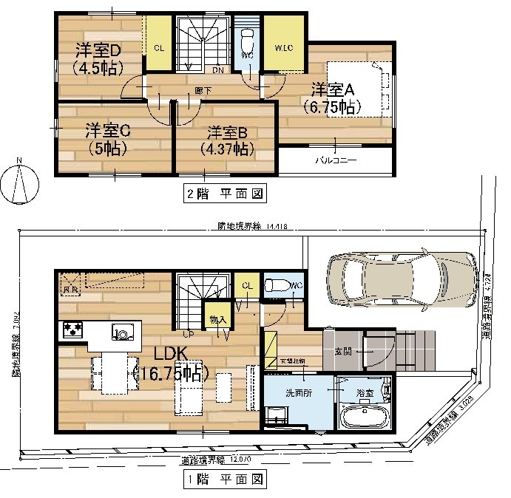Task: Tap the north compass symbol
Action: tap(20, 181)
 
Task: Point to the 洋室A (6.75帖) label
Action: tap(333, 98)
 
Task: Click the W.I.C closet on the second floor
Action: tap(282, 48)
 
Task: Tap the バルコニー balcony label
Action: tap(336, 160)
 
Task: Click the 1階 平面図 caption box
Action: tap(223, 480)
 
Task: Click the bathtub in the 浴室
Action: tap(362, 417)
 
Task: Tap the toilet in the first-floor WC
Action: tap(278, 285)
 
